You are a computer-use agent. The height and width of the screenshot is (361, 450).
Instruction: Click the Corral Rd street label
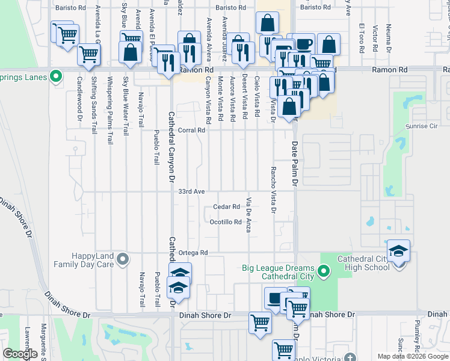[192, 130]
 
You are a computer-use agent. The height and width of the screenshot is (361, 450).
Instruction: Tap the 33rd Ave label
[192, 191]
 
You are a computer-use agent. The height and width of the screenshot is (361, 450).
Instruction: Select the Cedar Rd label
[227, 207]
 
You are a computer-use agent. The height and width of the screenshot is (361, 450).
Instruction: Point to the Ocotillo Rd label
[226, 222]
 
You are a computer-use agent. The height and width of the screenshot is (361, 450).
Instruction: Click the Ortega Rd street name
[193, 253]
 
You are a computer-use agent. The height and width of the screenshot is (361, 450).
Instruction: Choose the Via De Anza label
[248, 214]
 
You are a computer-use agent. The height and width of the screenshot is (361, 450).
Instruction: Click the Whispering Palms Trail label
[109, 110]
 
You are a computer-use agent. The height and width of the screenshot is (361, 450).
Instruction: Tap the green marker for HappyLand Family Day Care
[123, 260]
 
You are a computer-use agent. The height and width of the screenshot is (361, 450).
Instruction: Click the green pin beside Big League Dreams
[324, 272]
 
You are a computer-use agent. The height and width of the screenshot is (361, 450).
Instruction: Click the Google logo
[20, 354]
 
